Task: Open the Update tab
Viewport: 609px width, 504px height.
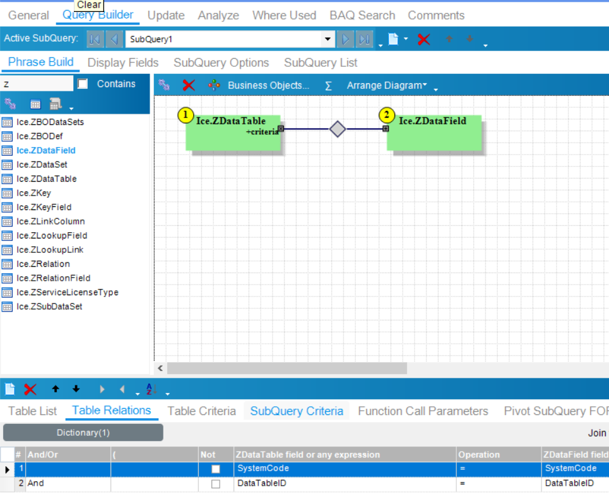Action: click(x=166, y=16)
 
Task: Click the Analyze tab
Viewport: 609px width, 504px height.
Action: click(x=218, y=16)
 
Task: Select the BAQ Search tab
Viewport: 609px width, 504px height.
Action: click(x=362, y=16)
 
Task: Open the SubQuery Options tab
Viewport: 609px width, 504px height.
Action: click(x=221, y=63)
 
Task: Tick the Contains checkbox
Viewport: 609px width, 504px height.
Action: click(x=83, y=84)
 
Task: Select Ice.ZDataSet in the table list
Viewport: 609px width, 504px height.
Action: click(x=42, y=165)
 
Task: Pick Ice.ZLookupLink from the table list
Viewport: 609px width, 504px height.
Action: click(x=50, y=250)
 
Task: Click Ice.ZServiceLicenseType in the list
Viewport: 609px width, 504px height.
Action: click(x=67, y=293)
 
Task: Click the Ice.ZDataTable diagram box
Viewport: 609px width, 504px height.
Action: click(x=233, y=133)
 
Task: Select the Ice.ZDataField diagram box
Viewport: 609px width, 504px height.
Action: click(x=434, y=133)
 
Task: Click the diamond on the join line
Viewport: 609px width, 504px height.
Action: click(x=338, y=129)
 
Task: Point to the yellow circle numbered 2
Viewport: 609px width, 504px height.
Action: click(x=386, y=115)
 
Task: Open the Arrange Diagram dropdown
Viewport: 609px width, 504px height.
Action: click(x=387, y=85)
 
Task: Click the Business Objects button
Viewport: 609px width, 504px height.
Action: click(x=268, y=85)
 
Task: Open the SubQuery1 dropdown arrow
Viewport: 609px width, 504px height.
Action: click(x=328, y=39)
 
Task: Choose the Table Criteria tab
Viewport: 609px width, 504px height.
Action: click(x=201, y=411)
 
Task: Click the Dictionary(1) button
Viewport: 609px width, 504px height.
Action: click(x=83, y=433)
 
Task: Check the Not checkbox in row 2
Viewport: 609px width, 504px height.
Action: click(x=216, y=484)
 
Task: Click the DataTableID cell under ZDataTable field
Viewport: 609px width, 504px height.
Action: click(x=262, y=483)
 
